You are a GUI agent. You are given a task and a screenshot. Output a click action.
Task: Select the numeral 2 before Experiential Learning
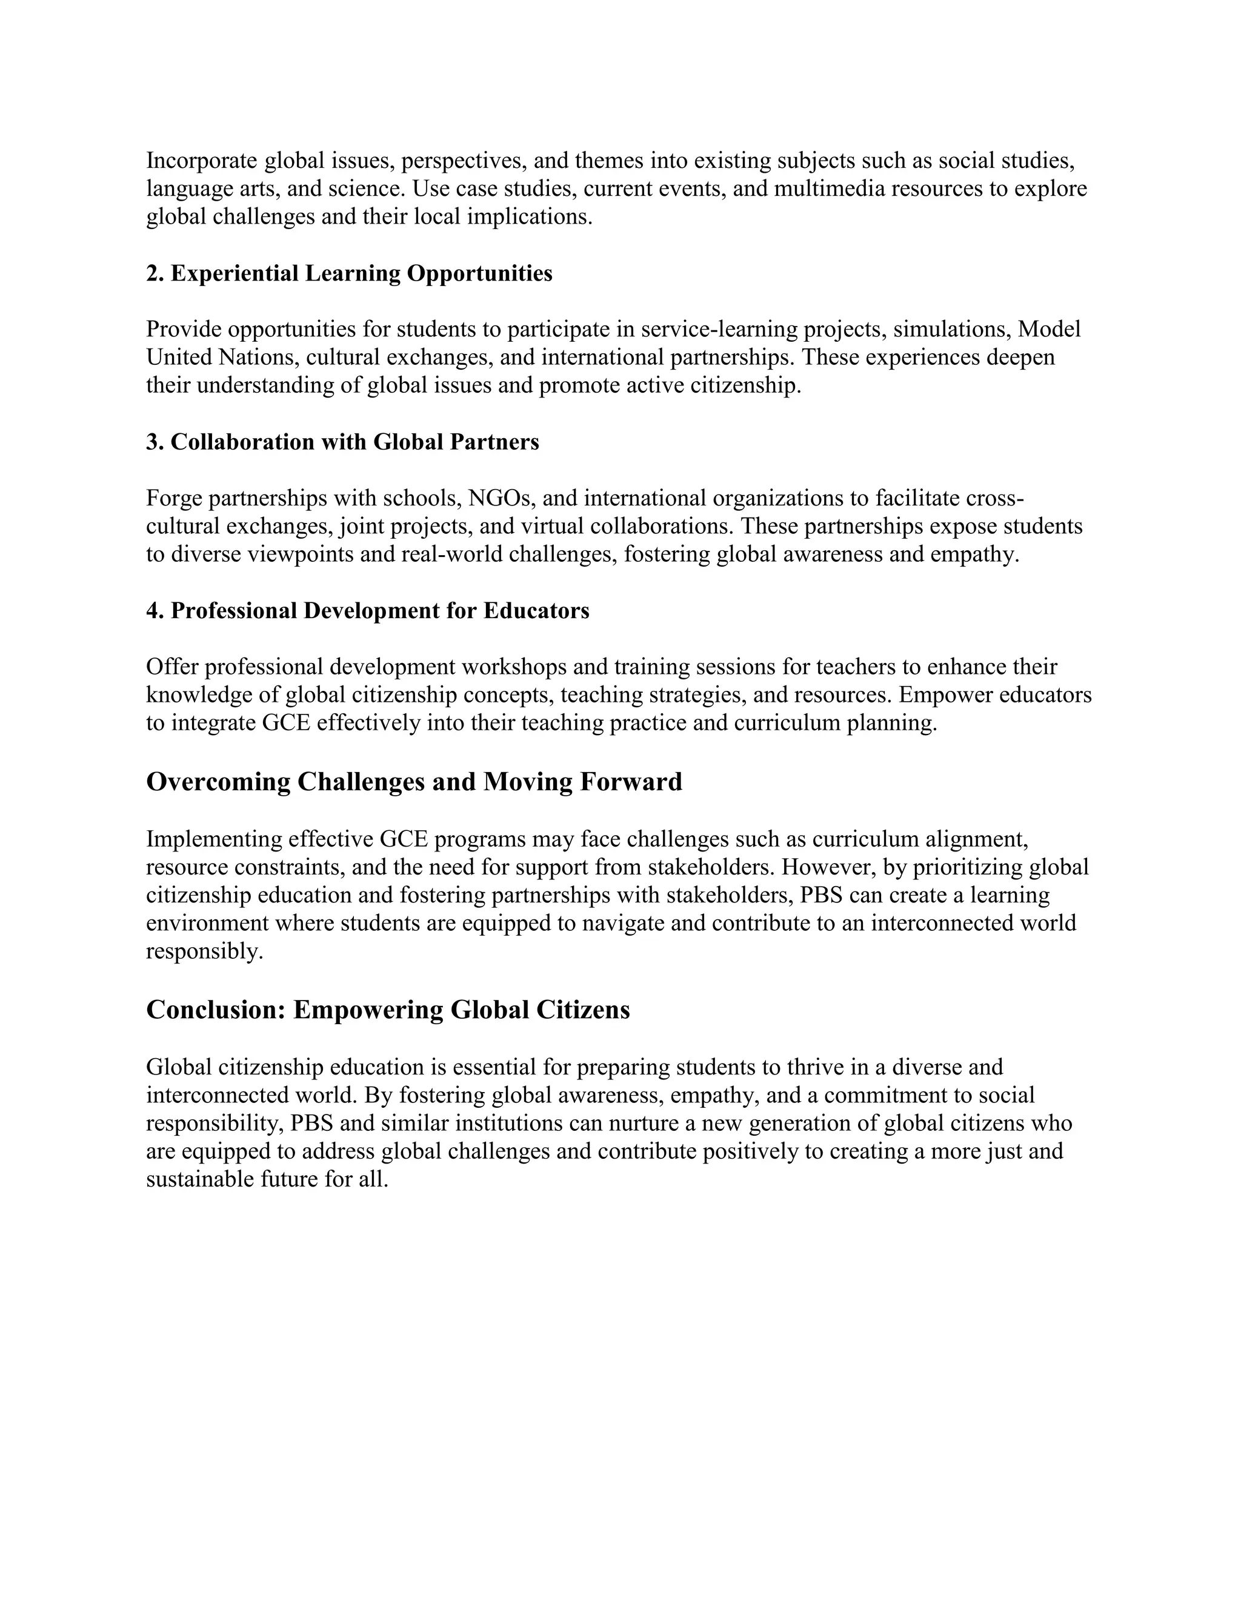(x=151, y=273)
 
